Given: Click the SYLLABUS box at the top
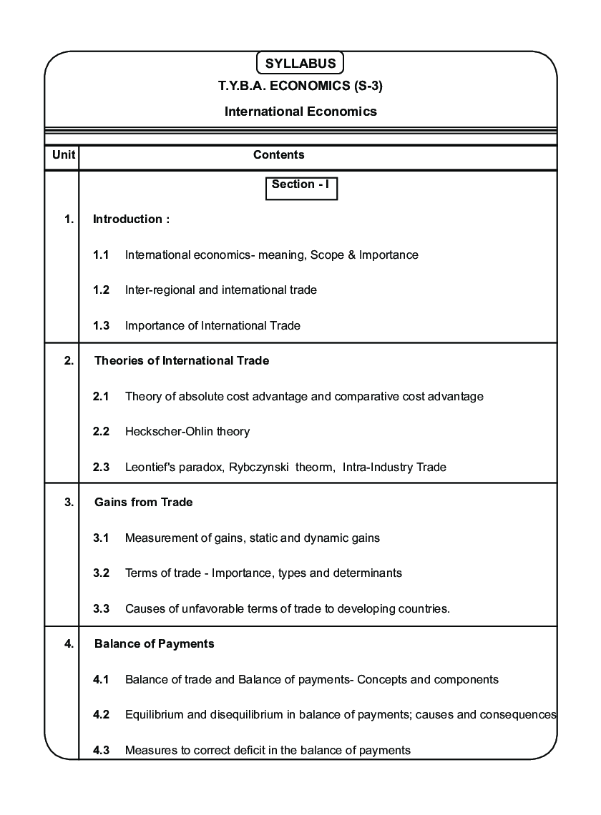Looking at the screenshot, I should pos(300,63).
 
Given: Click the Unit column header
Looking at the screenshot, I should pos(61,155).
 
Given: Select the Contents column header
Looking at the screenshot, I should pos(279,155).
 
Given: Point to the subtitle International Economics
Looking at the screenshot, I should pos(300,112).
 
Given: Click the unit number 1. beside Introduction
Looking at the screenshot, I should pos(69,219).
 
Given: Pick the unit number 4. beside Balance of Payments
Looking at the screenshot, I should pos(69,644).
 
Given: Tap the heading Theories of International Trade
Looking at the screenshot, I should pos(182,361).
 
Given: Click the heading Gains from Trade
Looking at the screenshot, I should pos(143,503).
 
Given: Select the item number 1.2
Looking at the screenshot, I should pos(101,290).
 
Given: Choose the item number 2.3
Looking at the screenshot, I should pos(101,468).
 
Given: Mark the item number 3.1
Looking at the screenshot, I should pos(101,538).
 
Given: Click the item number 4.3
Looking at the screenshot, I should pos(101,751).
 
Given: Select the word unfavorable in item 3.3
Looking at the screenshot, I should pos(217,609).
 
